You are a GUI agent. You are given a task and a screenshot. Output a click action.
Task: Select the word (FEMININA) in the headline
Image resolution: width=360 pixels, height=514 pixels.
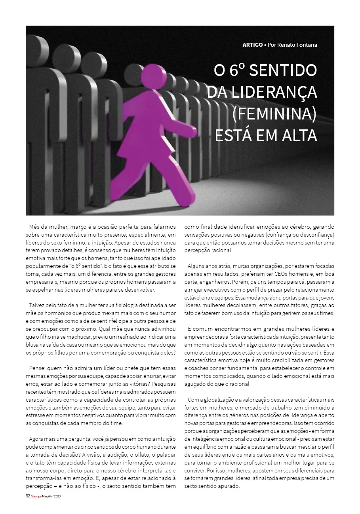(x=274, y=114)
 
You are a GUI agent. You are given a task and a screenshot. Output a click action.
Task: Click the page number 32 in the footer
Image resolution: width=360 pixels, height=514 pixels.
(x=28, y=496)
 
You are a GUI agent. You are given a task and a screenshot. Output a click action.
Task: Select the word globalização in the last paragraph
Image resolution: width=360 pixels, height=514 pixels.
(x=217, y=400)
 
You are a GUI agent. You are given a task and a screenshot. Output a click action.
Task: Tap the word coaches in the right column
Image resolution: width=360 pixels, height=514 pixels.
(x=196, y=368)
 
